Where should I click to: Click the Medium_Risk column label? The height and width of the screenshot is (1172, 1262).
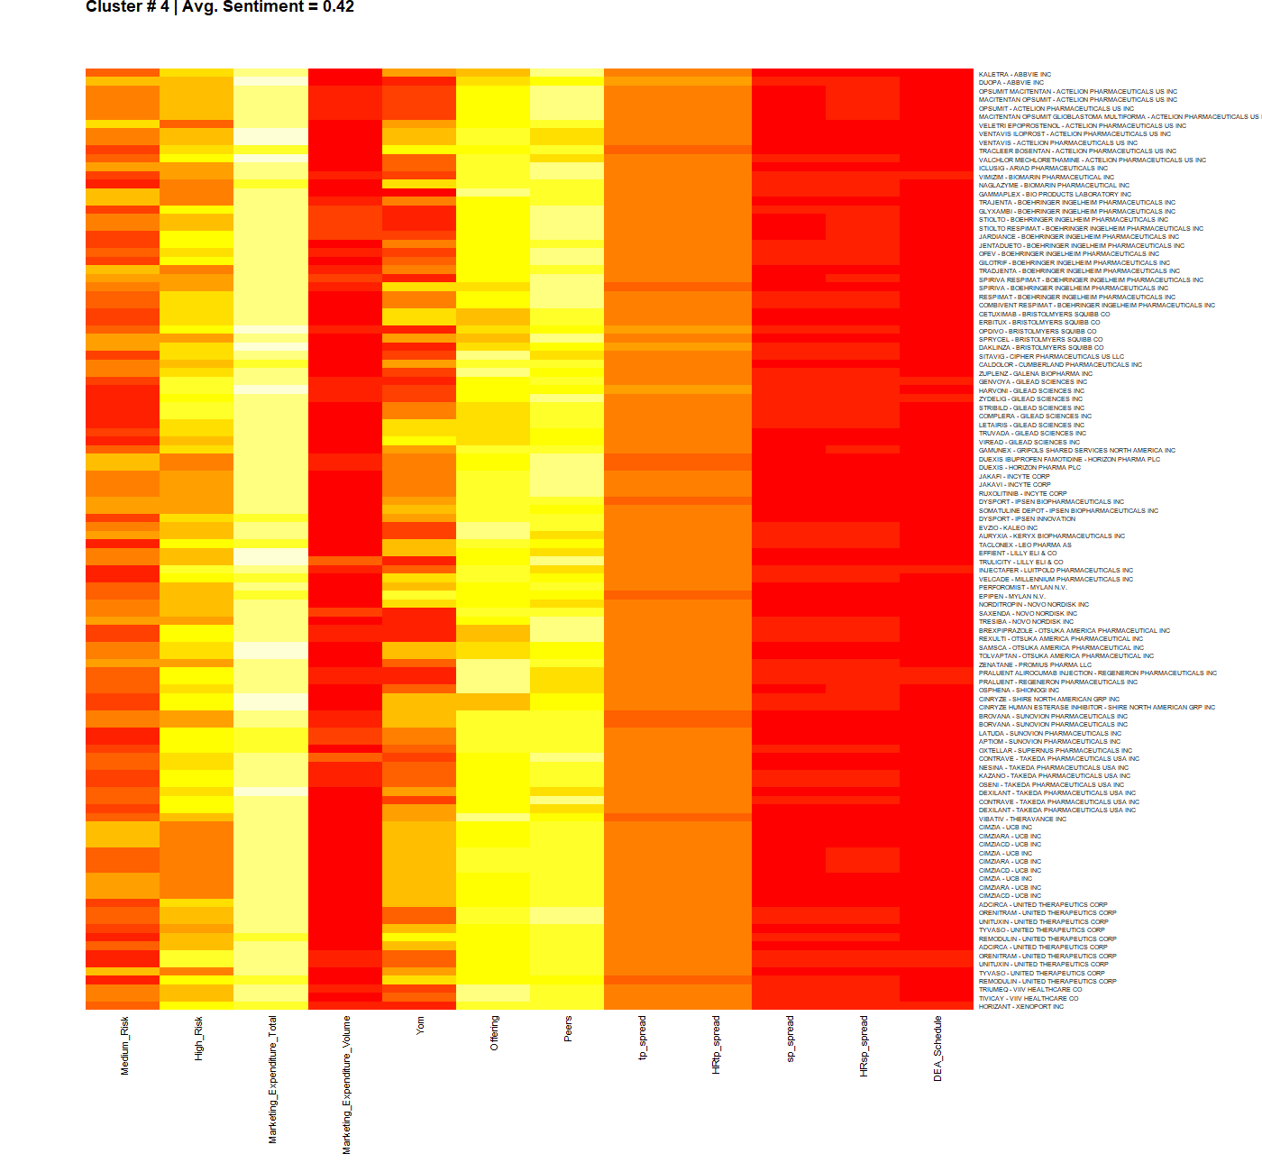pos(125,1045)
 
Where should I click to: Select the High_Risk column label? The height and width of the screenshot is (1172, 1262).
pos(199,1039)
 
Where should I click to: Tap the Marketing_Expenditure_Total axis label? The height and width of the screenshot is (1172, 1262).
pos(273,1079)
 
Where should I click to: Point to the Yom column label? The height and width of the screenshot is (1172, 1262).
pos(420,1025)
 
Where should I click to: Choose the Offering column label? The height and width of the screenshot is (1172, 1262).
pos(494,1032)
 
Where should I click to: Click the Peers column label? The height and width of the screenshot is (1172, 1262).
pos(568,1029)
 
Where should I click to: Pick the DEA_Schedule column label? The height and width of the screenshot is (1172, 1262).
pos(937,1048)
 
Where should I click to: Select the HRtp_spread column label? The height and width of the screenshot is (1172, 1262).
pos(716,1044)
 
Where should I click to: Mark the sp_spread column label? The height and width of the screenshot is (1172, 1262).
pos(790,1039)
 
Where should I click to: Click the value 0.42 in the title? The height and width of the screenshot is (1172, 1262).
pos(338,7)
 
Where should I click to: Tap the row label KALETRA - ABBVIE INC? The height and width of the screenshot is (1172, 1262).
pos(1015,75)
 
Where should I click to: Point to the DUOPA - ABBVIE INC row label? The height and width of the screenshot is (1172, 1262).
pos(1011,83)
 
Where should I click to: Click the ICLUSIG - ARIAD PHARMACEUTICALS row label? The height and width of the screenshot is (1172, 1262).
pos(1043,169)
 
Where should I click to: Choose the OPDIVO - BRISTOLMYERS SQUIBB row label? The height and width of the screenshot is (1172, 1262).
pos(1038,331)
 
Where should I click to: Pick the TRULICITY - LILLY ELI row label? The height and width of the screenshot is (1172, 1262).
pos(1020,563)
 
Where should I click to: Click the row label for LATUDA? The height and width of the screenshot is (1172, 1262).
pos(1050,734)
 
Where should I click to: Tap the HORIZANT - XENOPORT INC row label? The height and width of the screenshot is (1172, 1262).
pos(1021,1007)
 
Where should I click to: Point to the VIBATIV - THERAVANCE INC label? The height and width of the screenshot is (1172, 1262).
pos(1022,819)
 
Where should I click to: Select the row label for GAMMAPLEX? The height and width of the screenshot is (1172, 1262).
pos(1055,194)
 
